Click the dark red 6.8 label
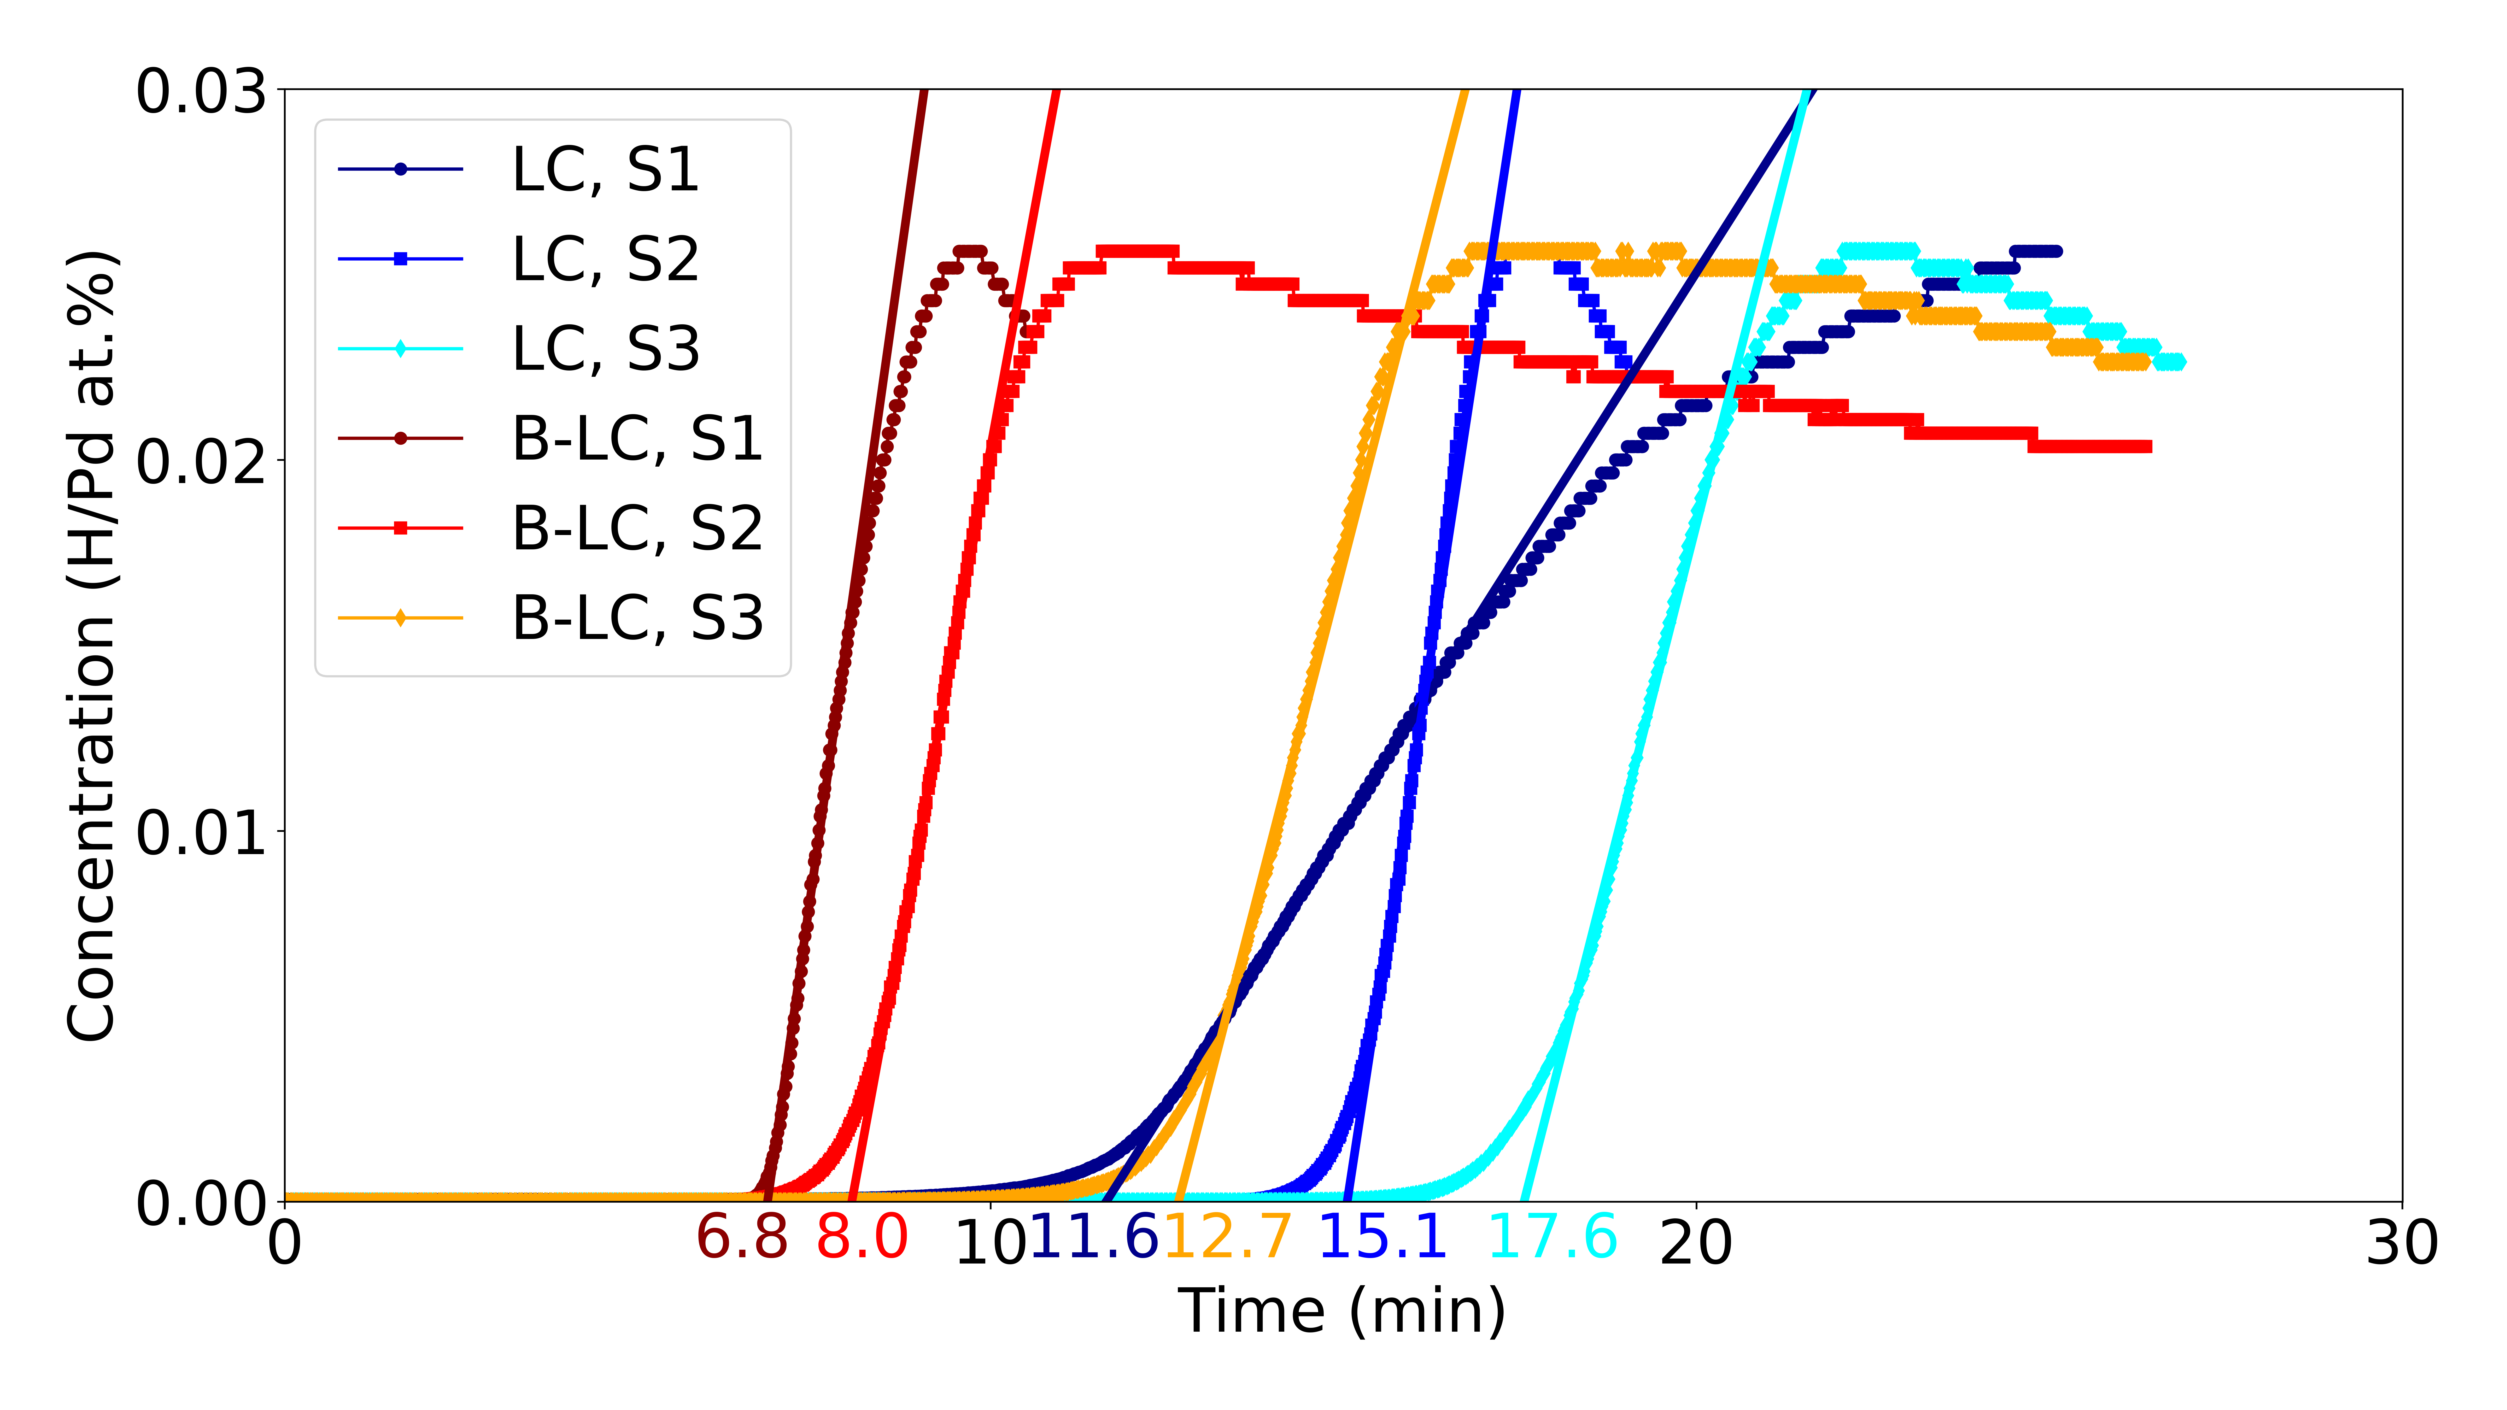coord(742,1238)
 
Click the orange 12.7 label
coord(1228,1238)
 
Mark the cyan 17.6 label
coord(1553,1238)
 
